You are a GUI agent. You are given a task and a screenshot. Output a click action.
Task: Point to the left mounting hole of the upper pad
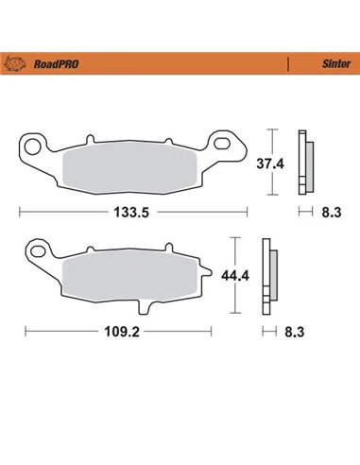pos(30,146)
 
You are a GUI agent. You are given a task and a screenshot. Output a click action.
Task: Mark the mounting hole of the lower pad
pos(38,252)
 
